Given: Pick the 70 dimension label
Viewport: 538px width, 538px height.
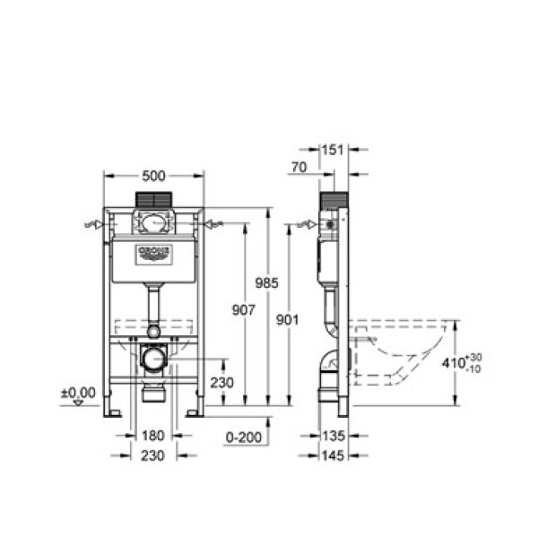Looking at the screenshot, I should pos(299,167).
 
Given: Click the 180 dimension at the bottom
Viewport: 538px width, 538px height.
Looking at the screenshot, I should pos(153,437).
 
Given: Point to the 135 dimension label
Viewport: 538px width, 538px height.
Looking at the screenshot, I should pos(334,437).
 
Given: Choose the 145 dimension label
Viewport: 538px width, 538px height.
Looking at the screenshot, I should pos(334,456).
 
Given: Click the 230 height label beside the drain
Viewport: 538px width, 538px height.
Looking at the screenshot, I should pos(222,383).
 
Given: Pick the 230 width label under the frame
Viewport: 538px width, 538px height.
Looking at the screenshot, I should pos(153,456).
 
